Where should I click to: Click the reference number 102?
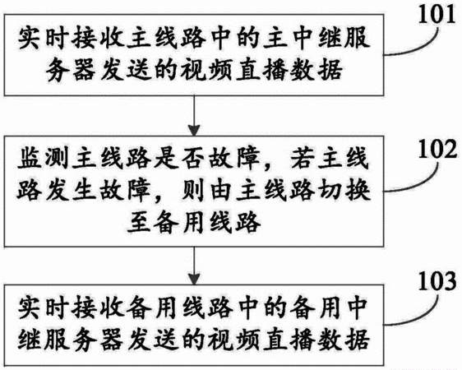[x=437, y=149]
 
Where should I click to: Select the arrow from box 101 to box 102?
[x=194, y=116]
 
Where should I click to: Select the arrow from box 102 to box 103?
[x=194, y=266]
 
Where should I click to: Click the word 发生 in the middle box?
[x=72, y=191]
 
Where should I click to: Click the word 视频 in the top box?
[x=207, y=70]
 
